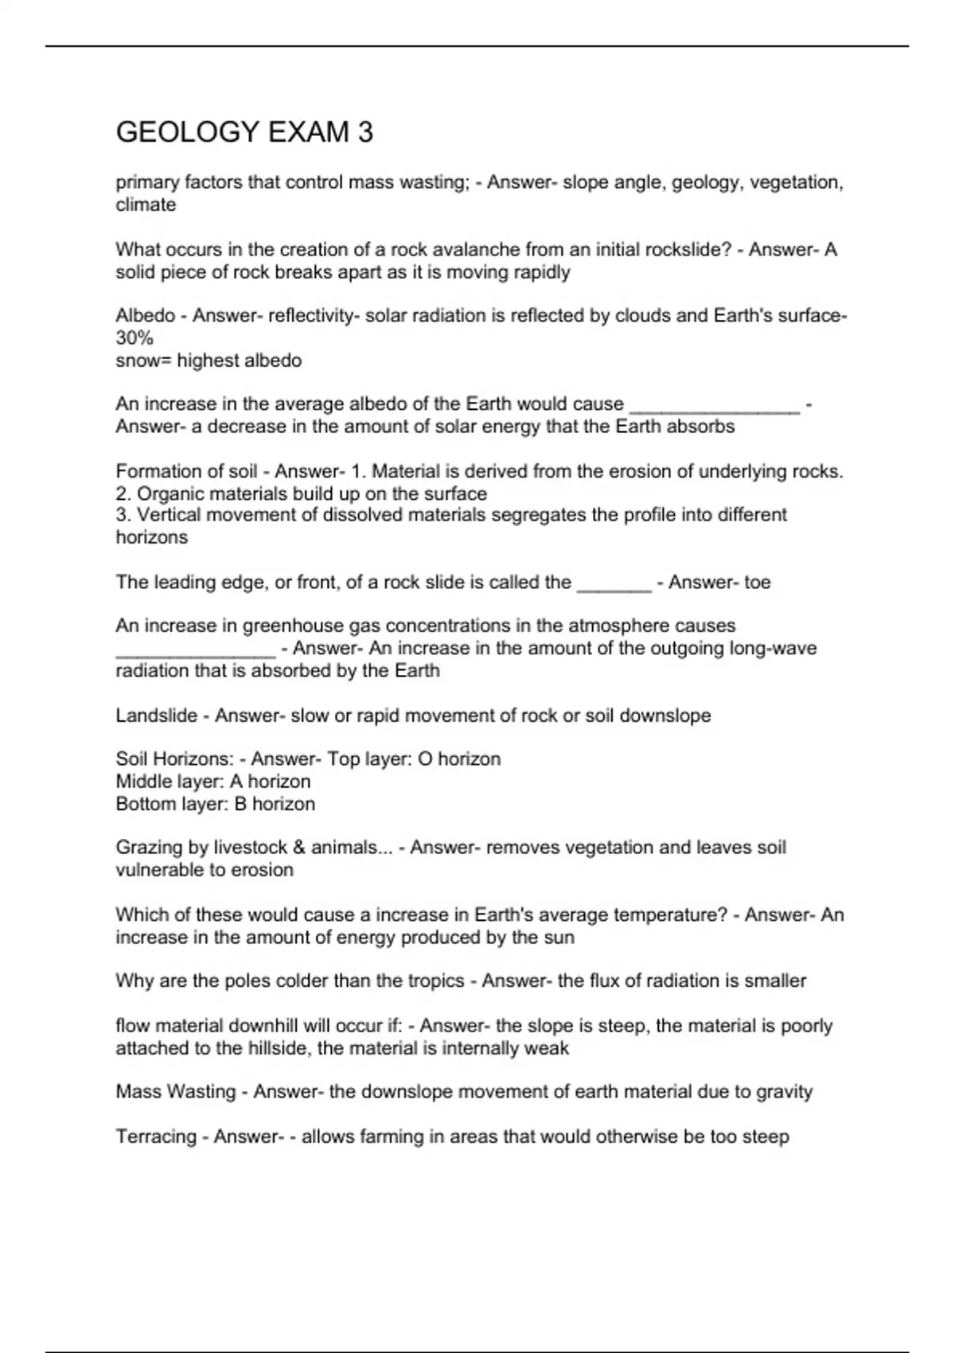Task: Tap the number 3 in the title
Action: coord(365,132)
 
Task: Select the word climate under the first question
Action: coord(146,205)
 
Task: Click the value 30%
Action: coord(134,338)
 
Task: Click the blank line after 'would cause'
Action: coord(714,406)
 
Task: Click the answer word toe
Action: coord(757,583)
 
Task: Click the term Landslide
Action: coord(156,715)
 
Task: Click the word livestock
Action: coord(245,848)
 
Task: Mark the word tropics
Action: coord(435,981)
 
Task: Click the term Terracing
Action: coord(156,1137)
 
